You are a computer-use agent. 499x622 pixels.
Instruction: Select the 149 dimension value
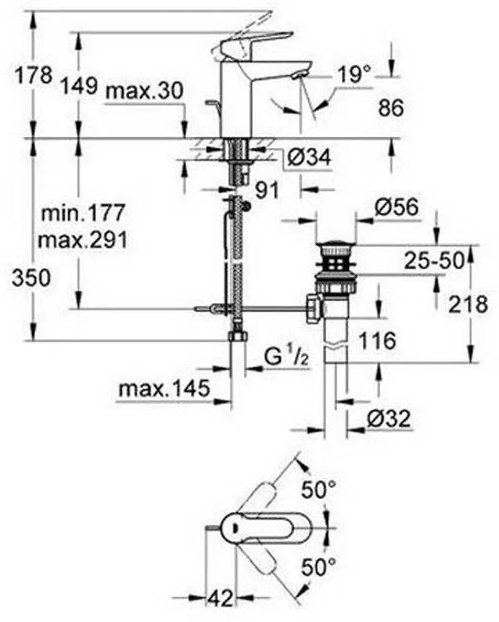pos(78,86)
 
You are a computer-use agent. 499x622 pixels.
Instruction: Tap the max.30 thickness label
pos(143,91)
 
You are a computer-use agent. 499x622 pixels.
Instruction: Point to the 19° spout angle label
pos(355,74)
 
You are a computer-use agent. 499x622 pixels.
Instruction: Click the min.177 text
pos(83,214)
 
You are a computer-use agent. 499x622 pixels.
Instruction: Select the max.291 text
pos(83,239)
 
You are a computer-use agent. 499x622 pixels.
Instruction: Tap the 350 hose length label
pos(31,277)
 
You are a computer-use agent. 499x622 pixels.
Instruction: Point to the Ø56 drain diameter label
pos(396,208)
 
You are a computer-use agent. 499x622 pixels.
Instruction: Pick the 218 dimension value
pos(466,304)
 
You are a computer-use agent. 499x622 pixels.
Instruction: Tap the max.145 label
pos(164,389)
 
